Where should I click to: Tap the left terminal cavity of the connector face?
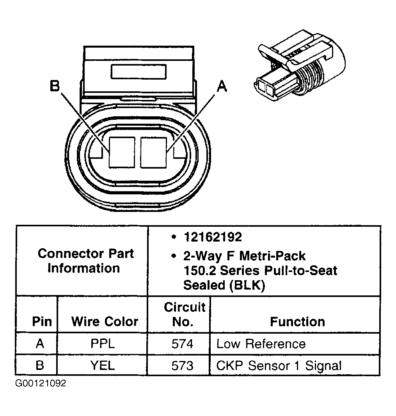pyautogui.click(x=122, y=152)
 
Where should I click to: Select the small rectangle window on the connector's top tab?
pyautogui.click(x=139, y=72)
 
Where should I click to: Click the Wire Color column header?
pyautogui.click(x=105, y=322)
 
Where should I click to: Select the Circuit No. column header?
pyautogui.click(x=184, y=314)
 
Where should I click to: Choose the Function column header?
pyautogui.click(x=297, y=322)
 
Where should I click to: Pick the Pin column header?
pyautogui.click(x=42, y=322)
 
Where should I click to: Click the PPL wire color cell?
pyautogui.click(x=103, y=344)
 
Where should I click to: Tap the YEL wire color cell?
pyautogui.click(x=103, y=366)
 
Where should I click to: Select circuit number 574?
pyautogui.click(x=182, y=344)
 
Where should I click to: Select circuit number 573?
pyautogui.click(x=182, y=366)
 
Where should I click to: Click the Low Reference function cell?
pyautogui.click(x=261, y=344)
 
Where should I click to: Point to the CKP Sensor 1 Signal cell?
pyautogui.click(x=279, y=366)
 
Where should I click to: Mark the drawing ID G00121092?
pyautogui.click(x=41, y=383)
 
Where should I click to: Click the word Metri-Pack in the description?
pyautogui.click(x=272, y=256)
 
